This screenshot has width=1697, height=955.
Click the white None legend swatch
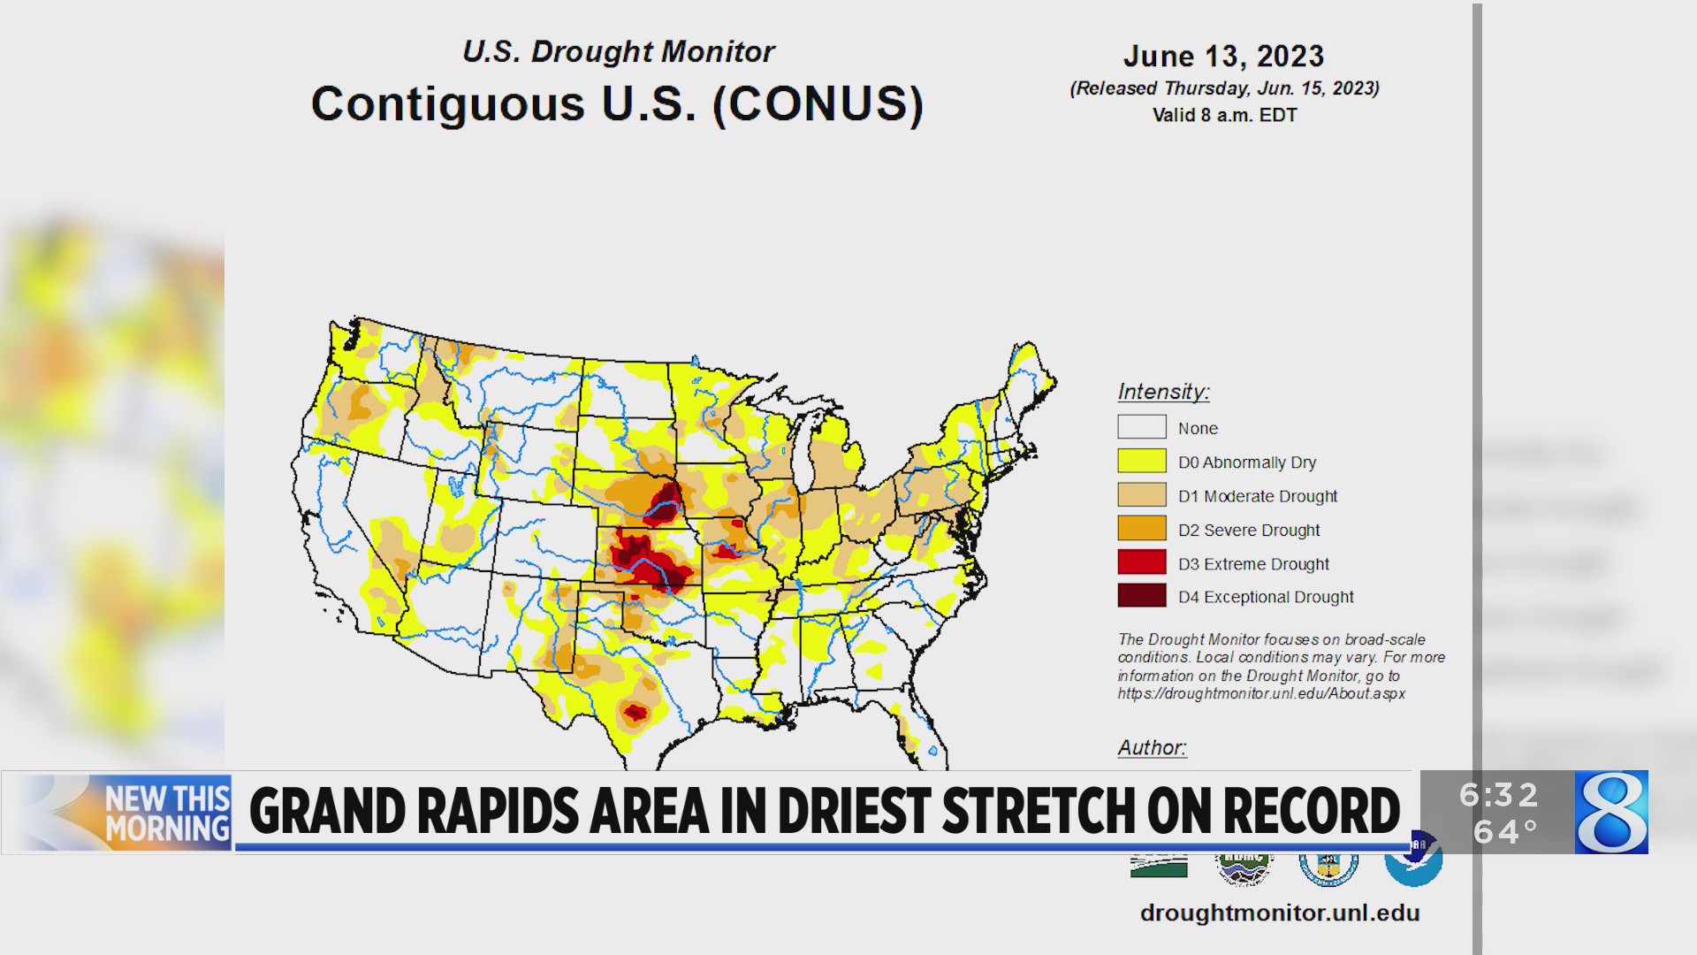coord(1141,427)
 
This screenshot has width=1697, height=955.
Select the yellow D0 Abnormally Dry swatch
coord(1141,461)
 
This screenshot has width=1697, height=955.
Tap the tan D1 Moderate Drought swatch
coord(1141,495)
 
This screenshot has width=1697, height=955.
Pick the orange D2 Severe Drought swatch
coord(1141,529)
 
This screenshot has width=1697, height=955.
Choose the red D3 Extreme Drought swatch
coord(1141,562)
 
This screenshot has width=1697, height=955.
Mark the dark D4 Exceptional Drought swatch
coord(1141,596)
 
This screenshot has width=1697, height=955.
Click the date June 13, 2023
coord(1223,57)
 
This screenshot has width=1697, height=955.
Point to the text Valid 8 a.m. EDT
coord(1224,115)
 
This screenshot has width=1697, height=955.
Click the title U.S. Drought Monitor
coord(618,51)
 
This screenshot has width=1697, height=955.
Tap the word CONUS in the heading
coord(818,104)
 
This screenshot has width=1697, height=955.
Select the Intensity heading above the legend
coord(1163,391)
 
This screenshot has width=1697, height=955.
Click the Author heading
coord(1152,747)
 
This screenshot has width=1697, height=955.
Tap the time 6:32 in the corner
coord(1499,795)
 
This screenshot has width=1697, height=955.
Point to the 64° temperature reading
coord(1505,832)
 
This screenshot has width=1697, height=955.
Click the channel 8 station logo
coord(1611,812)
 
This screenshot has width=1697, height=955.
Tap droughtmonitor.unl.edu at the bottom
coord(1279,913)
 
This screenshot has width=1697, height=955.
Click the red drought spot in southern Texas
coord(635,712)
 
